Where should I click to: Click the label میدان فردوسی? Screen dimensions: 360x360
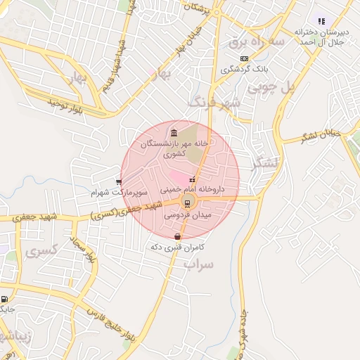(185, 215)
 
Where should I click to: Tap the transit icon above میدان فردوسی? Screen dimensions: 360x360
(186, 203)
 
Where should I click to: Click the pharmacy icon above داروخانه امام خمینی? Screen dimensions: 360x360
(193, 179)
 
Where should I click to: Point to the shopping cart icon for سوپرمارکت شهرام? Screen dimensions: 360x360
(119, 182)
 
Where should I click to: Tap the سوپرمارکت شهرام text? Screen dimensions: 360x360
(119, 192)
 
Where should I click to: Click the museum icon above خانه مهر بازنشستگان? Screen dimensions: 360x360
(174, 132)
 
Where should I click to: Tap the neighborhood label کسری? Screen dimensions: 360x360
(41, 250)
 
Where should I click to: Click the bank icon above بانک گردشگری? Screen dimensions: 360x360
(244, 58)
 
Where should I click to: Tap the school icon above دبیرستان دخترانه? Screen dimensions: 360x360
(321, 21)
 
